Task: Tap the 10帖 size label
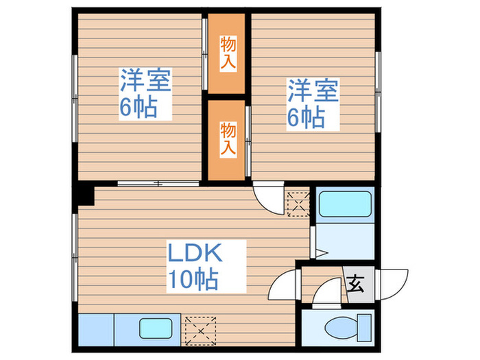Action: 194,279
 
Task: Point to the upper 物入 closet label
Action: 227,53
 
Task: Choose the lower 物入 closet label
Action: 227,138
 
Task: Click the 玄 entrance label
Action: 357,283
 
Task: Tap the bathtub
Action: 346,204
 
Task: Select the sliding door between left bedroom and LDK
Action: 158,183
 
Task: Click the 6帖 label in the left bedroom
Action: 139,108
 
